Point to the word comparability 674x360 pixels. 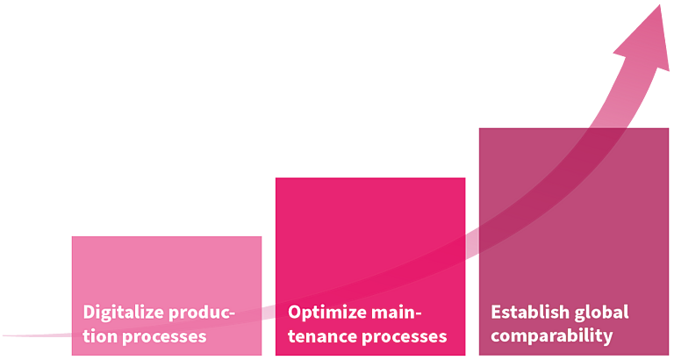[552, 337]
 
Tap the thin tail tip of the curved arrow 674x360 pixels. [4, 335]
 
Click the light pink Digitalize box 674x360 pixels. [167, 296]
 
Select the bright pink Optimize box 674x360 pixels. [370, 267]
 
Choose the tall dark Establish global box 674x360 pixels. [574, 241]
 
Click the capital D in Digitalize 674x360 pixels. [89, 312]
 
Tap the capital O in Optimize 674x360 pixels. [295, 312]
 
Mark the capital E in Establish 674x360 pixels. [496, 313]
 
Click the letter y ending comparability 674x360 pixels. [607, 338]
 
